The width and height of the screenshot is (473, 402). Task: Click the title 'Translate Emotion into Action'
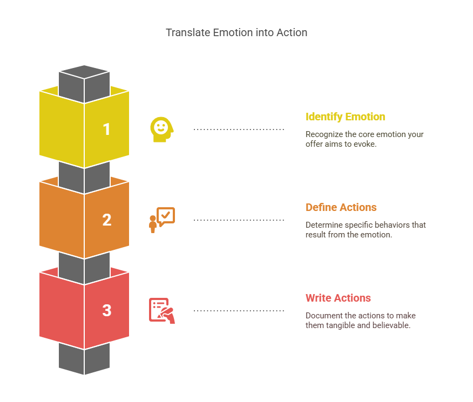[x=236, y=32]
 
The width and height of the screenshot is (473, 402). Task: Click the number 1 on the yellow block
[x=106, y=130]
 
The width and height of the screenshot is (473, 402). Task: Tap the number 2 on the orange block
[x=107, y=220]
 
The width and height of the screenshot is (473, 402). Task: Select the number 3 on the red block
[x=107, y=310]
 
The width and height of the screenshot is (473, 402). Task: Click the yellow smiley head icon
[x=162, y=130]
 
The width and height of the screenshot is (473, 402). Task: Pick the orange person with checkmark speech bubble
[x=162, y=220]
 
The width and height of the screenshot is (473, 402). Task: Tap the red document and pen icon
[x=162, y=311]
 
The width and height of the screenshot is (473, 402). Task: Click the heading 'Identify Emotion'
[x=345, y=117]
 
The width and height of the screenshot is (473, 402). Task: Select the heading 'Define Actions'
[x=341, y=207]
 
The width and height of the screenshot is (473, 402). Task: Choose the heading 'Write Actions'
[x=338, y=298]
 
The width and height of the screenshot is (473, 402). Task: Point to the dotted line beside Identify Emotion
[x=239, y=130]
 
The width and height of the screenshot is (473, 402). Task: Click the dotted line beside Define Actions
[x=239, y=220]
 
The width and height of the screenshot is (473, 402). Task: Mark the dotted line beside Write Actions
[x=239, y=310]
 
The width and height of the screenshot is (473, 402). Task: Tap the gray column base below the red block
[x=84, y=359]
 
